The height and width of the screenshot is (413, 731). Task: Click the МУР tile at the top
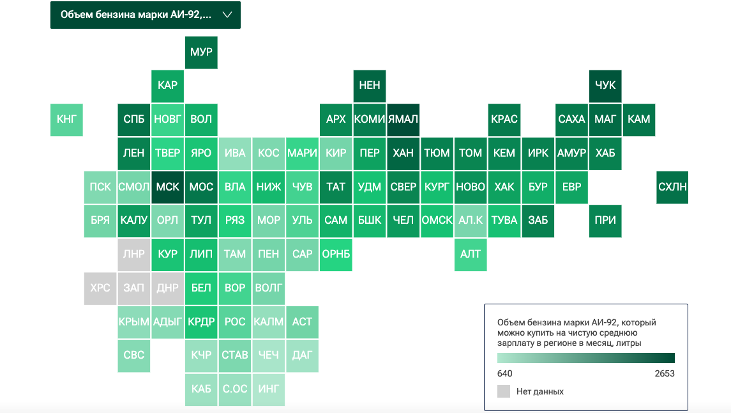(201, 52)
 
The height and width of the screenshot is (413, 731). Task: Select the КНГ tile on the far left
(66, 120)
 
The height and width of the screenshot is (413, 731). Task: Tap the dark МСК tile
(167, 187)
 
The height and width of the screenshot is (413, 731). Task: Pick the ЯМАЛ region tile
(403, 120)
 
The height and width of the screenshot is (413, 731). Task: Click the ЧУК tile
(605, 86)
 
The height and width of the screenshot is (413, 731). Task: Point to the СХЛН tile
(672, 187)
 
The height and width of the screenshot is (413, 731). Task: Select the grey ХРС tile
(100, 288)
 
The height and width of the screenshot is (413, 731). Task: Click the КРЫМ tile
(134, 322)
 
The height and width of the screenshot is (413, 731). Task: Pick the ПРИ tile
(605, 221)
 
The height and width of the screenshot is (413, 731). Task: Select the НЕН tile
(369, 86)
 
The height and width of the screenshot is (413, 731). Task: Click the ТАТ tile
(336, 187)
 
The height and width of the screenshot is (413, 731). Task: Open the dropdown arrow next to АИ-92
(227, 15)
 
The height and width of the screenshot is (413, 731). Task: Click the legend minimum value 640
(504, 373)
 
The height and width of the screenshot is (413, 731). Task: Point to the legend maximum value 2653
(665, 373)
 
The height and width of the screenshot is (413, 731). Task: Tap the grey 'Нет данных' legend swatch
(504, 391)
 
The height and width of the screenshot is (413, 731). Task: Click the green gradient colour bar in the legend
(586, 358)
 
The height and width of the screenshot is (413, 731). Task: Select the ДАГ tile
(302, 355)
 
